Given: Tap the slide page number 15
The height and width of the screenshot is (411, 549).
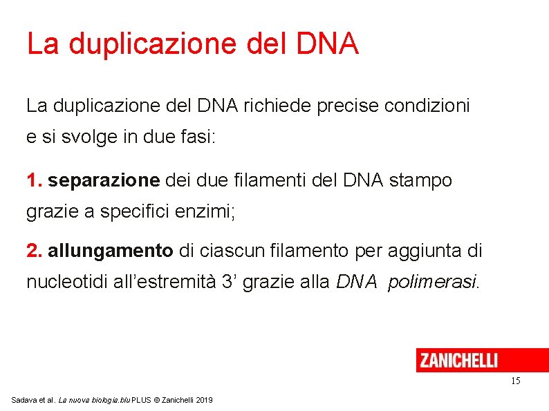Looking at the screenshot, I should [515, 381].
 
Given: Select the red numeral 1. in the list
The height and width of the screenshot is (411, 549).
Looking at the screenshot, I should [35, 181].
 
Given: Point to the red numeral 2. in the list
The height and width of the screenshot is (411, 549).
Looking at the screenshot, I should [35, 251].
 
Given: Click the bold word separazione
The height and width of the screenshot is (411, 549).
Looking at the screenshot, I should [104, 181].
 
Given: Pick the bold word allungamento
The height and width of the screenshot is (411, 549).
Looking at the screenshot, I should [111, 251].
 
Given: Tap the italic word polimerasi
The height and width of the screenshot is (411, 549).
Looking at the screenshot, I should [432, 283].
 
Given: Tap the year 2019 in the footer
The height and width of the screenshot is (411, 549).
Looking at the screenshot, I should [204, 401].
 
